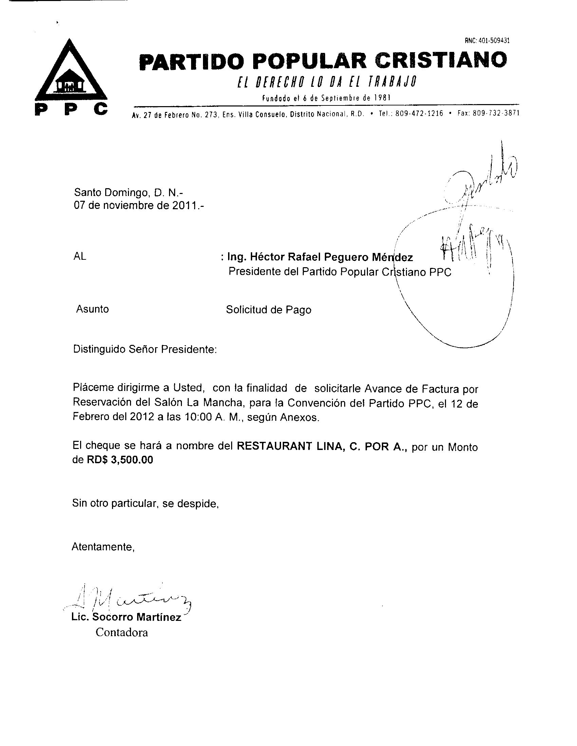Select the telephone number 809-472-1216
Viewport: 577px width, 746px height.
coord(419,113)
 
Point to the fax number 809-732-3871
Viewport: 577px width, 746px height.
coord(496,113)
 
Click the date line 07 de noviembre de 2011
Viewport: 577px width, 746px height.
coord(139,206)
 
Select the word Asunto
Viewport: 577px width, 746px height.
coord(92,309)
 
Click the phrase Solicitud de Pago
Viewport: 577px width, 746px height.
coord(269,310)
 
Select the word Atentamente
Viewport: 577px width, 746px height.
coord(103,547)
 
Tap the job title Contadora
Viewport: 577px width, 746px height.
coord(122,632)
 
